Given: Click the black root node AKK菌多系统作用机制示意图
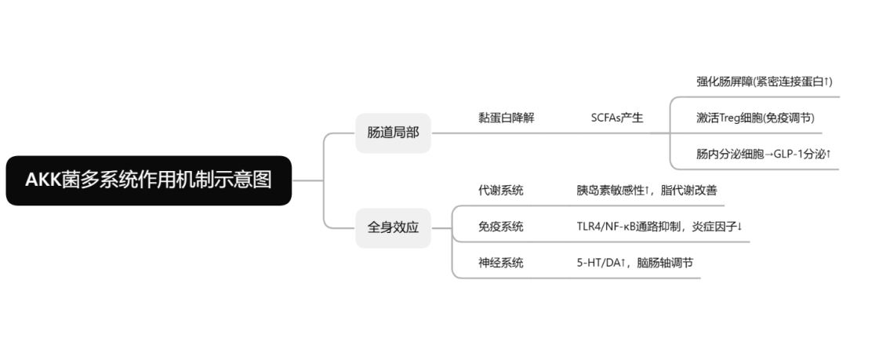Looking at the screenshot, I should point(148,180).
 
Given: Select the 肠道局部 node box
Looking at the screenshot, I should point(393,133).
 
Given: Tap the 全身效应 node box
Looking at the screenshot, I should point(393,227).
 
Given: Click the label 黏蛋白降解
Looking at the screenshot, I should point(506,118).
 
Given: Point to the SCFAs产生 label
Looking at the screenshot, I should point(616,118).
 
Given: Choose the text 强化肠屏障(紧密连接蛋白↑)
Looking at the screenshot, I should point(764,82).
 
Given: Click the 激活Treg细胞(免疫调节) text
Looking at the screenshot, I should point(755,118).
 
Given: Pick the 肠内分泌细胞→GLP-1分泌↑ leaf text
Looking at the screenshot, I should point(763,154).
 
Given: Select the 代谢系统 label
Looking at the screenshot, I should point(500,190).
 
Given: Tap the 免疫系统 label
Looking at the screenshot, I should point(500,227).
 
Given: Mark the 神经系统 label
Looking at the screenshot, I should point(500,263).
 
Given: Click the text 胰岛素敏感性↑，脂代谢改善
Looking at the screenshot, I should point(646,190).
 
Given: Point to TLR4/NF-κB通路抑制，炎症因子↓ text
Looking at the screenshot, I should point(659,227).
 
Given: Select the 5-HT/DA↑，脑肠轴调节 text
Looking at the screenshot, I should point(634,263).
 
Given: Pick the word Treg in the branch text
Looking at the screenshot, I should point(732,118).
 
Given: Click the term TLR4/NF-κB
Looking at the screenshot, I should point(608,227).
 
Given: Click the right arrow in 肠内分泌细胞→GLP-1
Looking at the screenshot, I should point(768,154).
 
